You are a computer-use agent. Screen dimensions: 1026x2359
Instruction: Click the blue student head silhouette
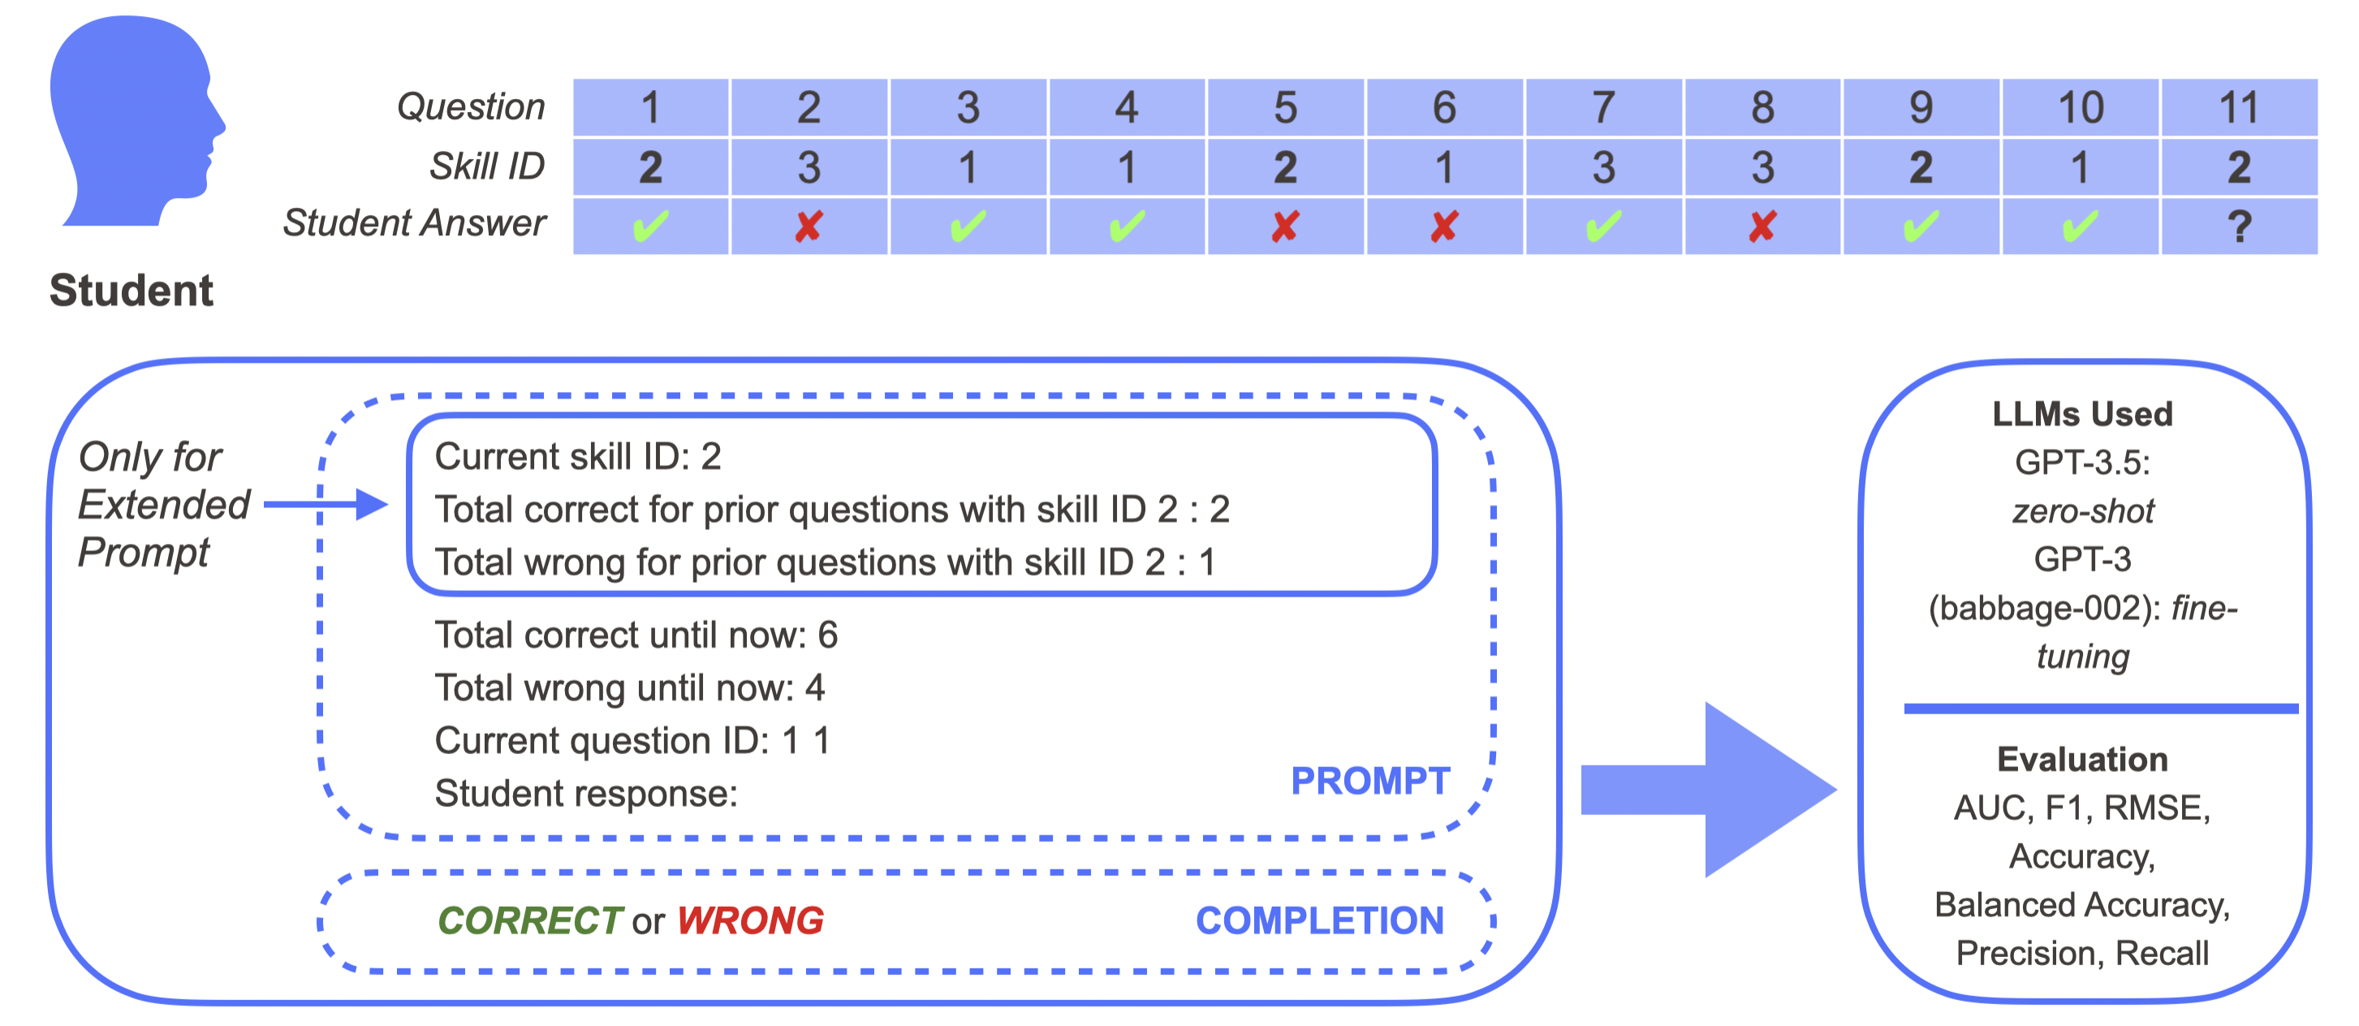pyautogui.click(x=133, y=119)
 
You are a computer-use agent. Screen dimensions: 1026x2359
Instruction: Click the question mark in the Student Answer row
pyautogui.click(x=2239, y=226)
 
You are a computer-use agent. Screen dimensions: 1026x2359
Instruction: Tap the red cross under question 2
pyautogui.click(x=809, y=226)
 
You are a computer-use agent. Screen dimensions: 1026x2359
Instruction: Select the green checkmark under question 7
pyautogui.click(x=1603, y=226)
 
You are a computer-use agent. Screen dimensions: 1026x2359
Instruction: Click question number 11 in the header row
pyautogui.click(x=2239, y=108)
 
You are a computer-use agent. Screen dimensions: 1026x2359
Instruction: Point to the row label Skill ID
pyautogui.click(x=487, y=166)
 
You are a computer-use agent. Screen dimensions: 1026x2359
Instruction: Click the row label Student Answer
pyautogui.click(x=414, y=223)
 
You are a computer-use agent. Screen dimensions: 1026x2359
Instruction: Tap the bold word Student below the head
pyautogui.click(x=131, y=291)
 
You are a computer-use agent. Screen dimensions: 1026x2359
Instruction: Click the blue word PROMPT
pyautogui.click(x=1370, y=782)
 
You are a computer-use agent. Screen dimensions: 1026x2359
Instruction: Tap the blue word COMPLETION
pyautogui.click(x=1320, y=920)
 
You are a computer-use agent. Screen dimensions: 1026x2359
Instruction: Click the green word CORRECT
pyautogui.click(x=529, y=920)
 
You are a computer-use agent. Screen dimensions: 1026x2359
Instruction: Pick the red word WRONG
pyautogui.click(x=750, y=920)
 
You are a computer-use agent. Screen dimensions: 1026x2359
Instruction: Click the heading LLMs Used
pyautogui.click(x=2081, y=414)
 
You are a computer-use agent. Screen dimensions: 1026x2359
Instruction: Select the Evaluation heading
pyautogui.click(x=2081, y=760)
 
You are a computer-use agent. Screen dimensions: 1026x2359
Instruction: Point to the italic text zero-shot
pyautogui.click(x=2082, y=511)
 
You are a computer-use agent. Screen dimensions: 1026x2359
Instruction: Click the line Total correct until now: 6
pyautogui.click(x=636, y=635)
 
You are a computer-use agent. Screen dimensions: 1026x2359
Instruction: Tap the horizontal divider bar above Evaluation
pyautogui.click(x=2100, y=708)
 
